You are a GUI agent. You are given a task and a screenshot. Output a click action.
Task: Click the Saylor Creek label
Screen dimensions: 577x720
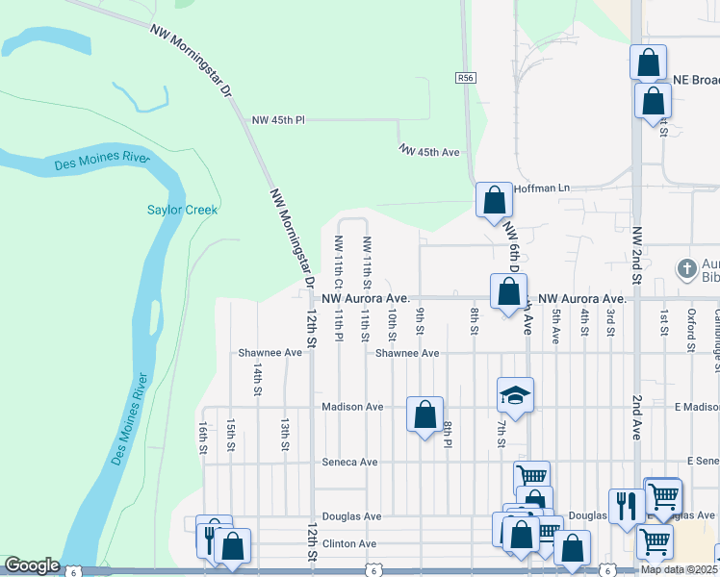point(183,210)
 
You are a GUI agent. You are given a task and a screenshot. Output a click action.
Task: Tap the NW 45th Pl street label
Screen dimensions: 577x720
point(277,120)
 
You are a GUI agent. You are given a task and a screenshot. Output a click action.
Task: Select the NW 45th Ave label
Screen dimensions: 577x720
point(429,152)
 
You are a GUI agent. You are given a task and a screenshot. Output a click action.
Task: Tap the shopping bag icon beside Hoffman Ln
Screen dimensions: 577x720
point(494,201)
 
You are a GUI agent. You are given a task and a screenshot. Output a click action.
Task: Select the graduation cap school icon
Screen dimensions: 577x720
point(515,394)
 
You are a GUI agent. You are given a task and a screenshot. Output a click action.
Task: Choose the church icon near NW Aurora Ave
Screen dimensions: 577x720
point(686,268)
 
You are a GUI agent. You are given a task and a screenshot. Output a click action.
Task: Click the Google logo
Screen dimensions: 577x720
point(32,565)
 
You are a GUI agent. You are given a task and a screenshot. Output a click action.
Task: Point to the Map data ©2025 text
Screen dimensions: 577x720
point(679,569)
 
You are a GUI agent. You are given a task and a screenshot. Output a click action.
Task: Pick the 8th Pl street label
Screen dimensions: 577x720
point(449,434)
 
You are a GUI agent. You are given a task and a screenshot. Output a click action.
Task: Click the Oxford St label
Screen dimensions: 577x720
point(690,322)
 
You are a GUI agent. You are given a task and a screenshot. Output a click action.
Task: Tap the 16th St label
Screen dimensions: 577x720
point(203,435)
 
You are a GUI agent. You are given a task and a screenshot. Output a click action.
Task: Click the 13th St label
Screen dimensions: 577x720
point(285,434)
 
